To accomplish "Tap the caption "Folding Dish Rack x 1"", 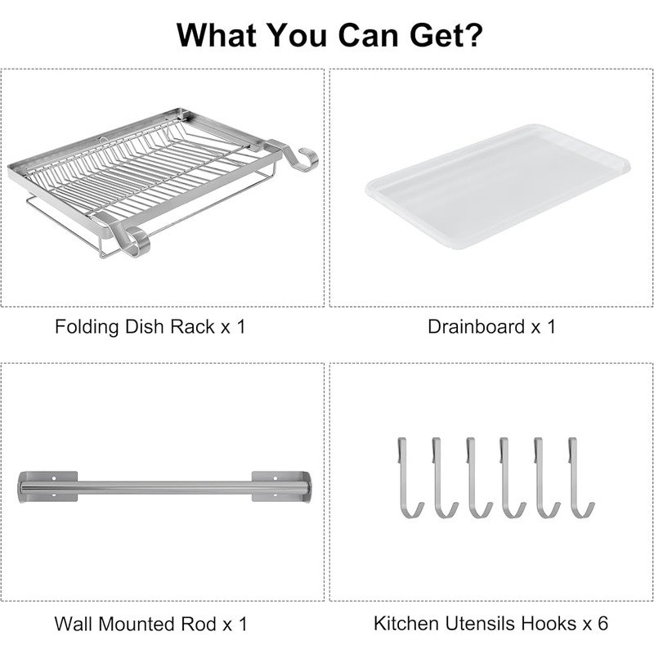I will coord(150,327).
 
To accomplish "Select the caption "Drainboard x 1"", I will coord(491,327).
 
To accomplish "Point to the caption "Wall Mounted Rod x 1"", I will coord(150,624).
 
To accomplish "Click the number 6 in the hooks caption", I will coord(602,623).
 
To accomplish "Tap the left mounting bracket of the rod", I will coord(47,486).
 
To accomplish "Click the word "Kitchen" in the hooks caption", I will coord(404,623).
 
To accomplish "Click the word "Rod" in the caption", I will coord(199,624).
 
